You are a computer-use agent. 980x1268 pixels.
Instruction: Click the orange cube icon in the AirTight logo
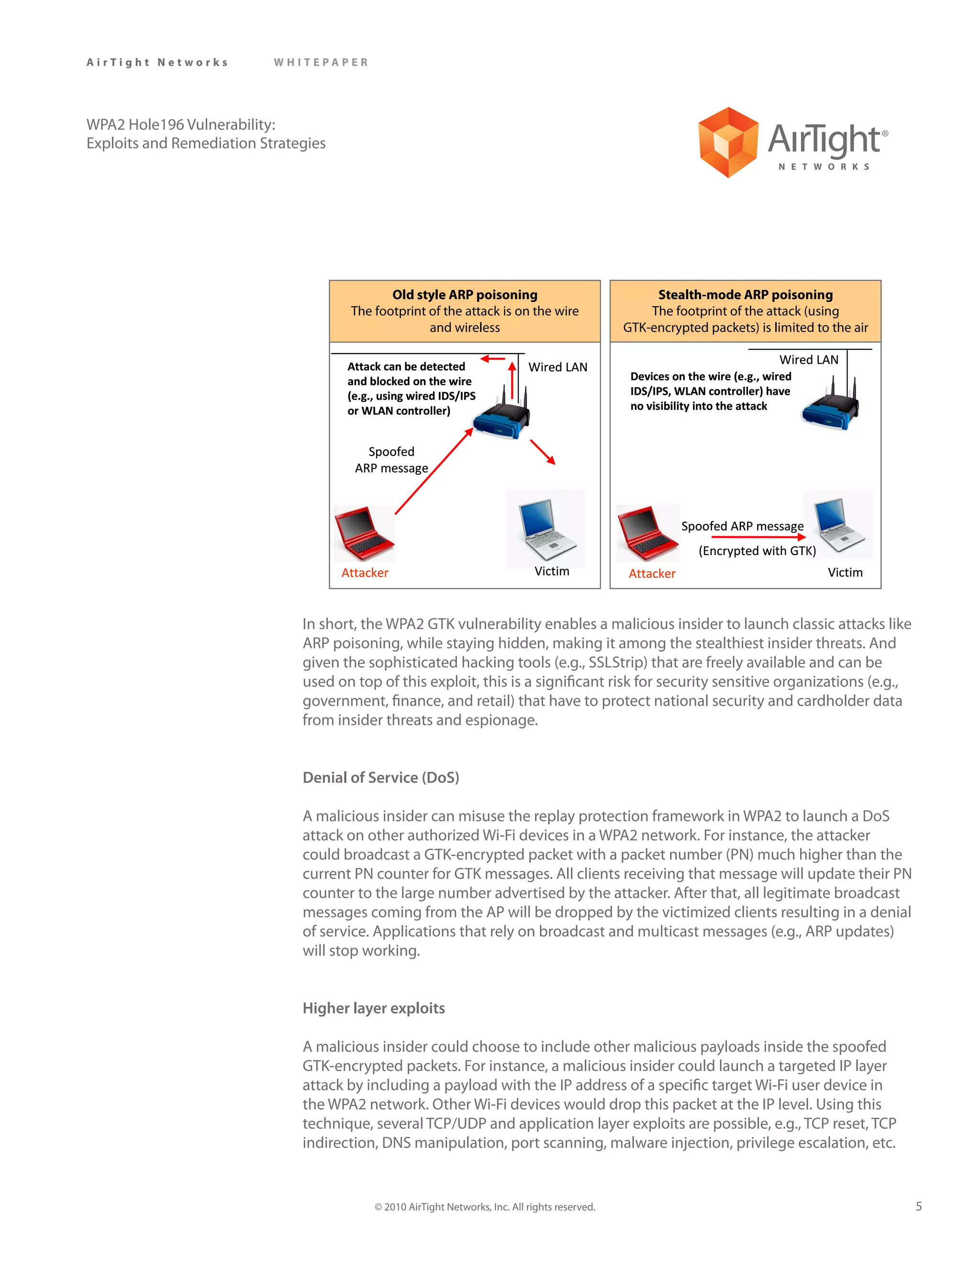[x=728, y=142]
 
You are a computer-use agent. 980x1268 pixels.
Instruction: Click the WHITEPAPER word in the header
[x=321, y=62]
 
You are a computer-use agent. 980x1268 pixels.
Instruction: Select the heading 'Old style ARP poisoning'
[x=465, y=294]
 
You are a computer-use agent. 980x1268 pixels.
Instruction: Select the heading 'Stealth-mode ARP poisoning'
[x=745, y=294]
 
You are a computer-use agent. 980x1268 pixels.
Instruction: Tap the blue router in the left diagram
[x=501, y=419]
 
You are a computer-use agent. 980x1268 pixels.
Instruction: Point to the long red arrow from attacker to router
[x=433, y=471]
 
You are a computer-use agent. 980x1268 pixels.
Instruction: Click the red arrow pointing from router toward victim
[x=542, y=452]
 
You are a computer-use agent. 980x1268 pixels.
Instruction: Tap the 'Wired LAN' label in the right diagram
[x=808, y=360]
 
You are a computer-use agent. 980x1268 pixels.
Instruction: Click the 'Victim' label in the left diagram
[x=552, y=571]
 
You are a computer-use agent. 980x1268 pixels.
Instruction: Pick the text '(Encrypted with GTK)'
[x=757, y=551]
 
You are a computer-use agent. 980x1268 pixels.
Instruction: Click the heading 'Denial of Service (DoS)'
[x=380, y=778]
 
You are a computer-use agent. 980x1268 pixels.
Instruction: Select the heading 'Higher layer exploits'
[x=373, y=1008]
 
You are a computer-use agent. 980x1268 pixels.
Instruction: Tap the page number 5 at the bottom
[x=918, y=1206]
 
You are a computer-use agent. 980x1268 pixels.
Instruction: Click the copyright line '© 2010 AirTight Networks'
[x=485, y=1207]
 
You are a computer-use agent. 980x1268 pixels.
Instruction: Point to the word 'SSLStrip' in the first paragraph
[x=615, y=662]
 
